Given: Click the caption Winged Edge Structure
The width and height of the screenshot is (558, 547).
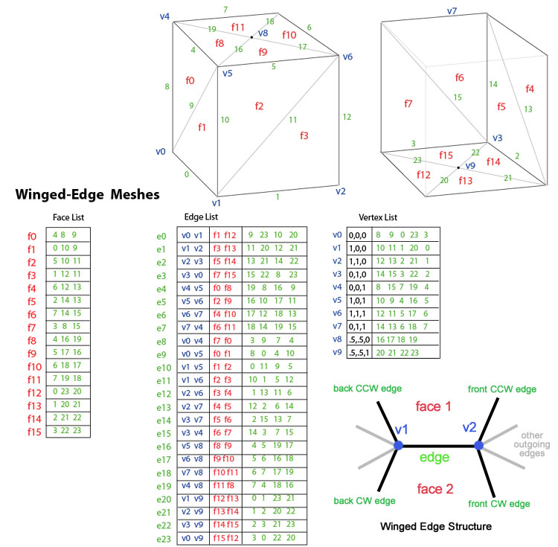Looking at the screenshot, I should click(x=435, y=526).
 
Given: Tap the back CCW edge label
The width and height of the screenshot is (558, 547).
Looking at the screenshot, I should click(x=365, y=389).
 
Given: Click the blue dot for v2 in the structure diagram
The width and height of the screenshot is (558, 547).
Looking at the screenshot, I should click(x=479, y=445).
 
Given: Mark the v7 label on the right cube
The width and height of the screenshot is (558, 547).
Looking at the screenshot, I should click(x=451, y=11).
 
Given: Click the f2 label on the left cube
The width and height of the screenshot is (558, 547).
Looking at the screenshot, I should click(x=259, y=106).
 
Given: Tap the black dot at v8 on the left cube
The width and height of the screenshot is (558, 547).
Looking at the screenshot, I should click(x=251, y=36).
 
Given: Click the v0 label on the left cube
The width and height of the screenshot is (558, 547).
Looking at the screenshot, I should click(x=160, y=151).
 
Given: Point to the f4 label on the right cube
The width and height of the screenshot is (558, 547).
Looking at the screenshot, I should click(x=529, y=89).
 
